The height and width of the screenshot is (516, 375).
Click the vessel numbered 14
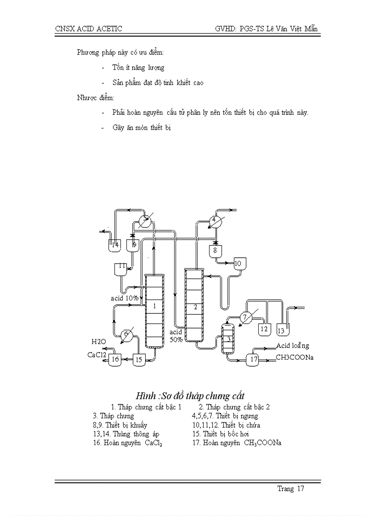click(115, 245)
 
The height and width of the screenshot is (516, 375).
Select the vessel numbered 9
click(133, 245)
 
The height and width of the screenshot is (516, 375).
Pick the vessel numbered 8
click(215, 251)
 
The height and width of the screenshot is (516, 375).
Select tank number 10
click(239, 264)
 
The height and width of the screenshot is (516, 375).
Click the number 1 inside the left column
click(155, 306)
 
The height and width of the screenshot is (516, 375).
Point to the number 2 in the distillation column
click(195, 307)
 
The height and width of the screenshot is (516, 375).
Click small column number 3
click(227, 339)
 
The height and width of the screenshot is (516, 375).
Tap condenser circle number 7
click(245, 317)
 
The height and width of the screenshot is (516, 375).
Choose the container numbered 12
click(263, 329)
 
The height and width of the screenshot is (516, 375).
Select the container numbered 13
click(282, 330)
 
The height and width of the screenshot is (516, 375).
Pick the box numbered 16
click(115, 360)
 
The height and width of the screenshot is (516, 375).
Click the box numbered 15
click(139, 360)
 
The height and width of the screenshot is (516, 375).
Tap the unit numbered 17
click(253, 359)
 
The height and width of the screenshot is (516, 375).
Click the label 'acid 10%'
click(125, 298)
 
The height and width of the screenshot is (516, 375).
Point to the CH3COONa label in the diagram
click(294, 357)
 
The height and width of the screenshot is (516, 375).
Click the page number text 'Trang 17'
click(290, 488)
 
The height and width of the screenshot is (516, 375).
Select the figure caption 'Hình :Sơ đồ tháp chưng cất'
click(190, 396)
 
